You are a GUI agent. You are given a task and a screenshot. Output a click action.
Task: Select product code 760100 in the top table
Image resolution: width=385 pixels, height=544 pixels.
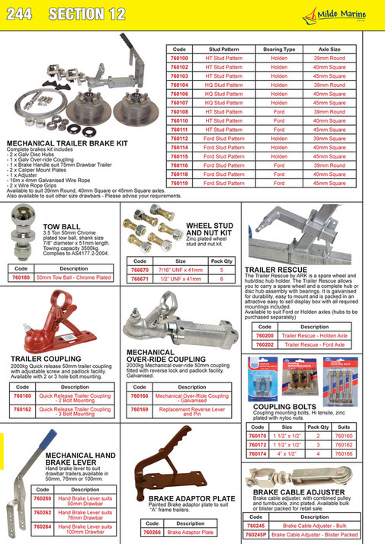(x=178, y=57)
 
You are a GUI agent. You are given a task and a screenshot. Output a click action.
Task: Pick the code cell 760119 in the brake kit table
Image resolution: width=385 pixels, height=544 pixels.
(x=178, y=183)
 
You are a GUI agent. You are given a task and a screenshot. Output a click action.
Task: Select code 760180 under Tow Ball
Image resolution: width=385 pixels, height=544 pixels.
(x=20, y=277)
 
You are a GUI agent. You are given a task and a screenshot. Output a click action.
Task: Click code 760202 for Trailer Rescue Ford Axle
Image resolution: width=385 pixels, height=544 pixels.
(x=265, y=344)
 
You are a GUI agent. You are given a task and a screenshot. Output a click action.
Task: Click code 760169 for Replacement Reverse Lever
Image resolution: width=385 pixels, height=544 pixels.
(x=138, y=411)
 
